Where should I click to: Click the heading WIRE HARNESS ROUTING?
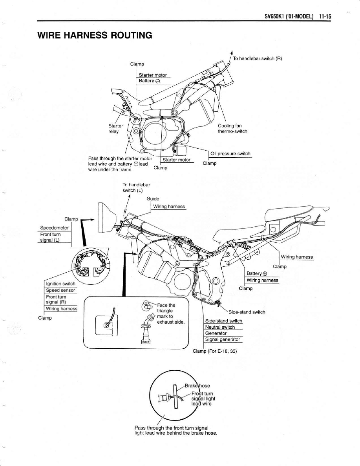pos(94,35)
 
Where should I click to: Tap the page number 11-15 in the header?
pos(325,17)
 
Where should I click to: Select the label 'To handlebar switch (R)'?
pos(258,58)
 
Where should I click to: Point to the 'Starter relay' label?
pos(115,129)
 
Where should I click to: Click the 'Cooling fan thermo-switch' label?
pos(232,128)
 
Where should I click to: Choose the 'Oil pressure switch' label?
pos(230,153)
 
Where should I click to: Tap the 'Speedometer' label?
pos(55,228)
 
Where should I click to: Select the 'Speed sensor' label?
pos(59,290)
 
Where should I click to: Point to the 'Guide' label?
pos(153,198)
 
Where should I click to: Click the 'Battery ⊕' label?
pos(257,273)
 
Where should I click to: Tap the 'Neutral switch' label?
pos(220,327)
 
